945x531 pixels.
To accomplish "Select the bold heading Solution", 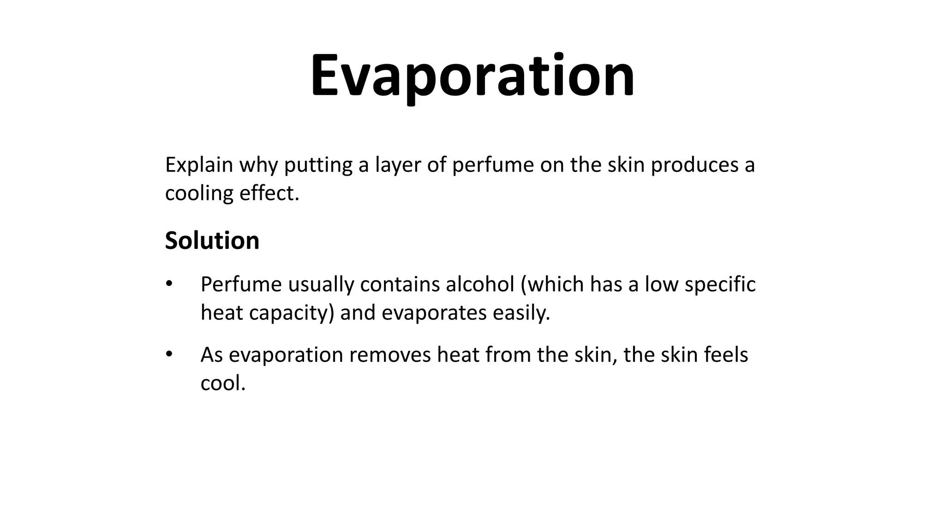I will pyautogui.click(x=212, y=241).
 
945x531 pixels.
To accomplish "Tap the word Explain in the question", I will pyautogui.click(x=199, y=165).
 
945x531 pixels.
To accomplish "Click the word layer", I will pyautogui.click(x=397, y=165).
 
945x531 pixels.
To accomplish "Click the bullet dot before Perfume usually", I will pyautogui.click(x=169, y=283).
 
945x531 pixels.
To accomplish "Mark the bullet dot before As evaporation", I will pyautogui.click(x=169, y=354).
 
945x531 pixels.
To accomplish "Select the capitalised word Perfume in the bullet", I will pyautogui.click(x=241, y=284).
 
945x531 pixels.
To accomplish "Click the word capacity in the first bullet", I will pyautogui.click(x=291, y=313).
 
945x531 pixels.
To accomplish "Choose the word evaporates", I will pyautogui.click(x=434, y=313).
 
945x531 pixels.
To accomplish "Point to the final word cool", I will pyautogui.click(x=223, y=383).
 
